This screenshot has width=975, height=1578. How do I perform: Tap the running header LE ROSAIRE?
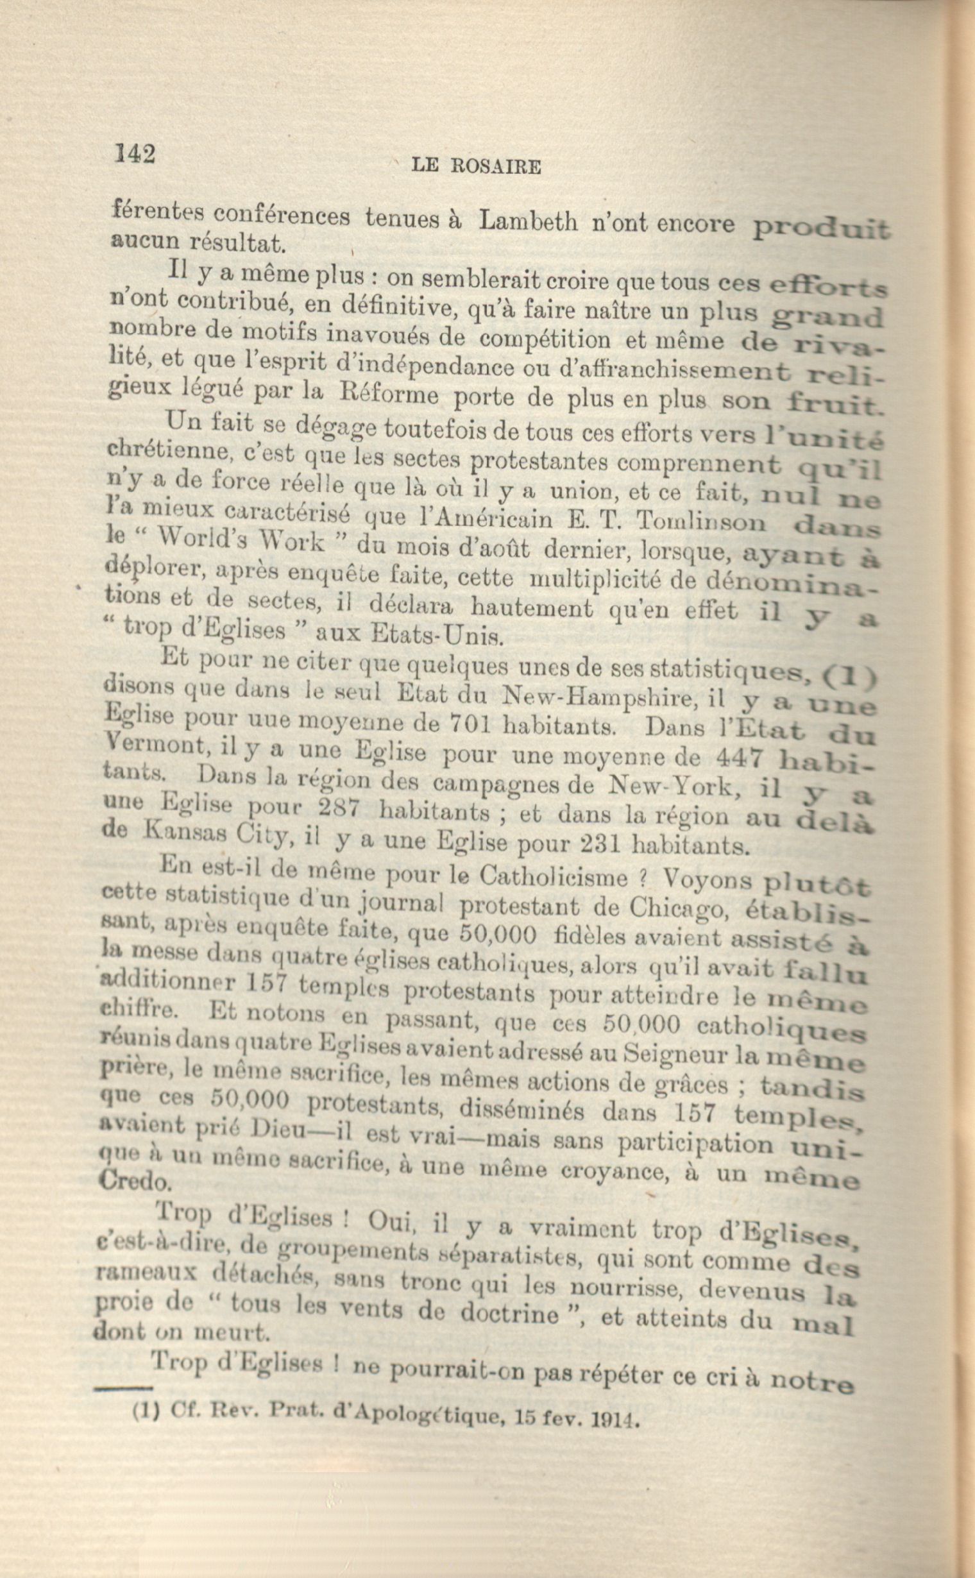click(x=476, y=167)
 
